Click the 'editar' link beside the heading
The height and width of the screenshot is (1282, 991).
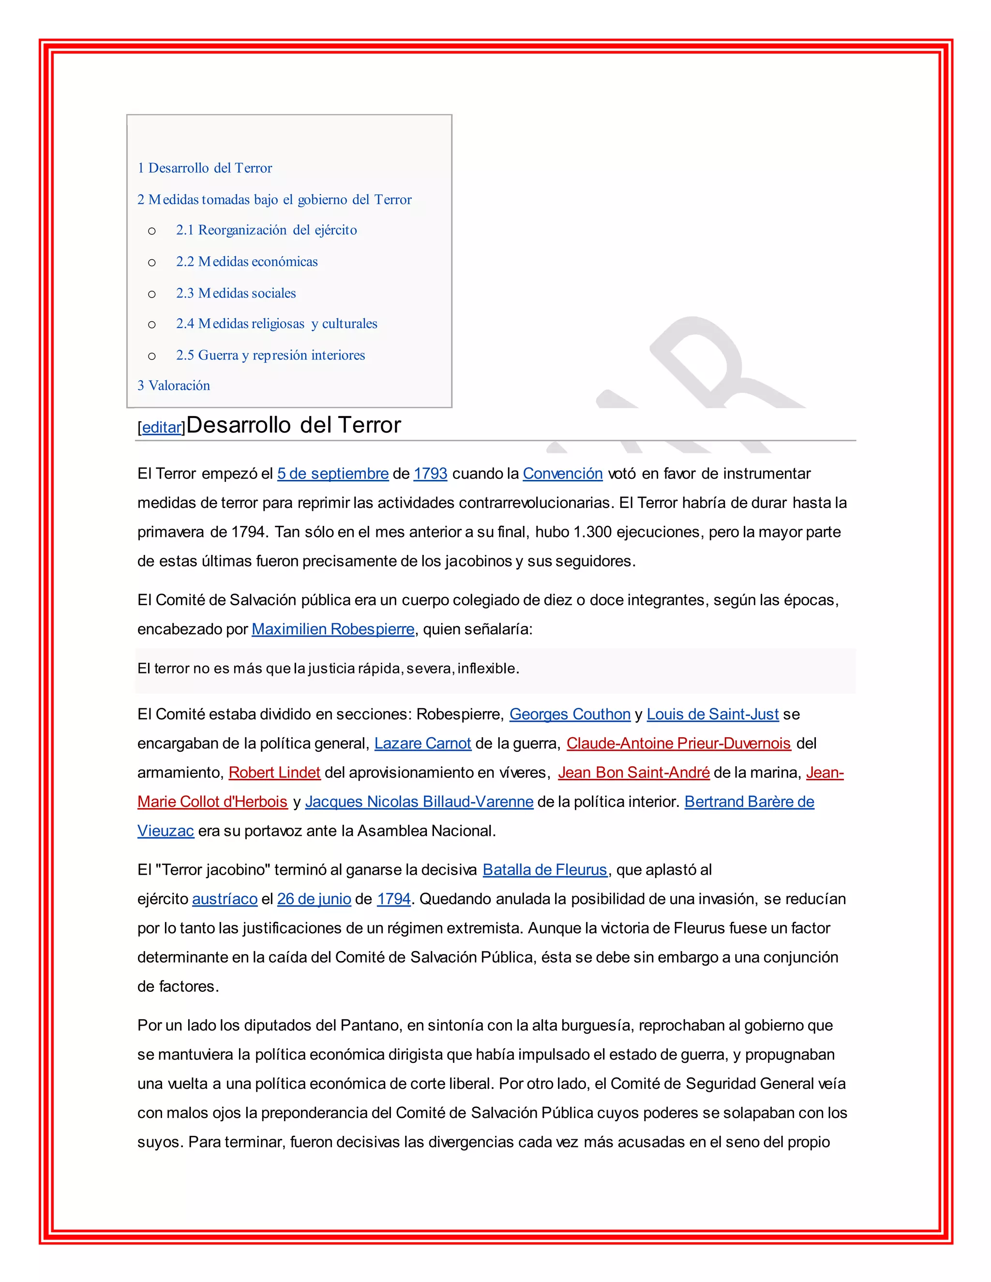pos(163,427)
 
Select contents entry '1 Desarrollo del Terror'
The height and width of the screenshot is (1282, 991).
pos(205,168)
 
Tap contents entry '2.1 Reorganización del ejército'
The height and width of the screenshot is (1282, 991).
pos(266,230)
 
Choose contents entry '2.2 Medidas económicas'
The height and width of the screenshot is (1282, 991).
pos(247,262)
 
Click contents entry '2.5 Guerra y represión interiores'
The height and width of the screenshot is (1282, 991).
pos(270,355)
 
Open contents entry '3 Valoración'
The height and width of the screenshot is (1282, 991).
pos(174,386)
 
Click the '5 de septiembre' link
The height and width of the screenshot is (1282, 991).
pos(333,474)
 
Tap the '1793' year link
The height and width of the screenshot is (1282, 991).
pos(430,474)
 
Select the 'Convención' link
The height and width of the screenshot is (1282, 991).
pos(562,474)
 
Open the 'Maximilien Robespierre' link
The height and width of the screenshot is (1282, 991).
pos(333,629)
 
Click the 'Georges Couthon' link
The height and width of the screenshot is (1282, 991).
pos(570,715)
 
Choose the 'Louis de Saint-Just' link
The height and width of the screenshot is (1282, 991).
pos(713,715)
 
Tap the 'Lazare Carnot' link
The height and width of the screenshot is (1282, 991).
pos(423,744)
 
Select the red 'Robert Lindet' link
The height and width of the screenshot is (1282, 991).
pos(275,773)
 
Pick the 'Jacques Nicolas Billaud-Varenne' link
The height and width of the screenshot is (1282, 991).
pos(419,802)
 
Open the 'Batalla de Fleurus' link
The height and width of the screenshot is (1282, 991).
pos(545,870)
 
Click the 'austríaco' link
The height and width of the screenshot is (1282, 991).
pos(225,899)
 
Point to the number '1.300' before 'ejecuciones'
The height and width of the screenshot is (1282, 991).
pos(593,533)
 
